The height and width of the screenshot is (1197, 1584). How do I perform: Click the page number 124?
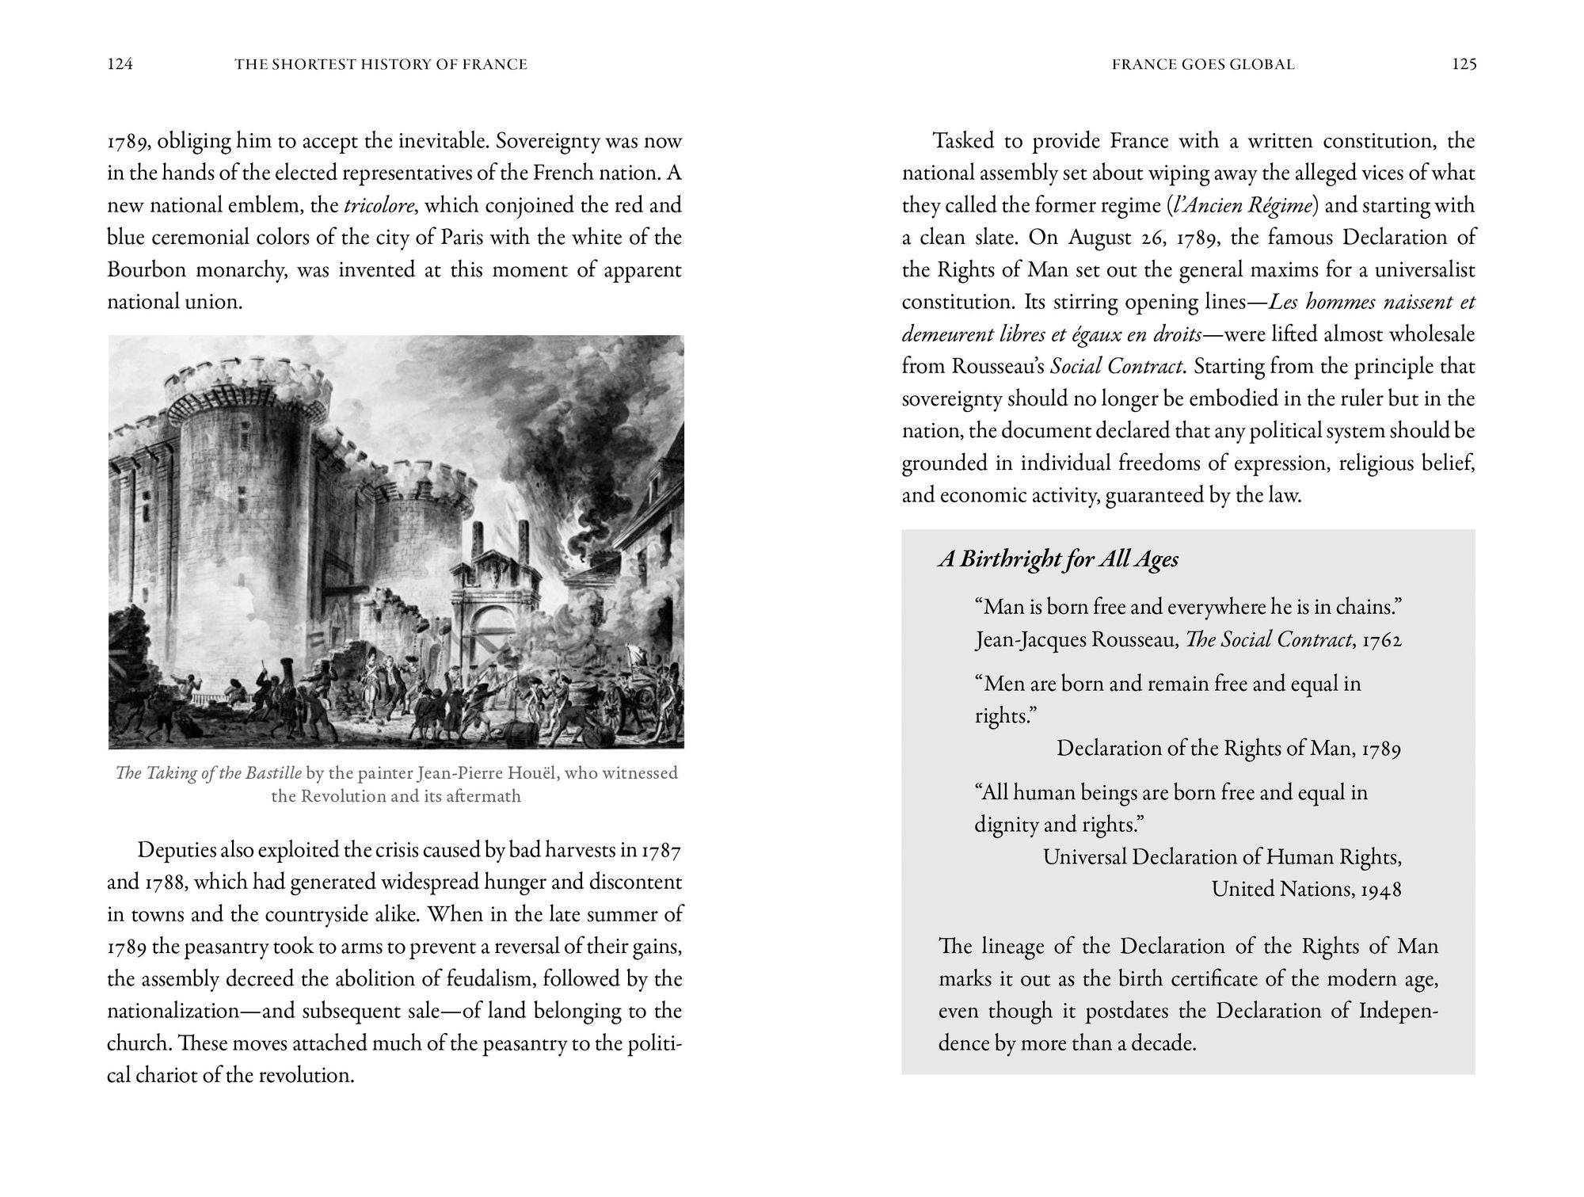[120, 65]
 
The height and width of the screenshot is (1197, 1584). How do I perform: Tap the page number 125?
[1464, 65]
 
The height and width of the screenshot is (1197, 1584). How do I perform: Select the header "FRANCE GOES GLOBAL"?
[1203, 65]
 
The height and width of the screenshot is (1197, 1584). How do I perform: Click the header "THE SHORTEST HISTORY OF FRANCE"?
[381, 65]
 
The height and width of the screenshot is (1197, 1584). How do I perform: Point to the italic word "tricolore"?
[379, 206]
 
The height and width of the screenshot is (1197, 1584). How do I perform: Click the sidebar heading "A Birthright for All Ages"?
[1058, 560]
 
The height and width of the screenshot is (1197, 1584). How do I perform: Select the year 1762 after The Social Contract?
[1382, 640]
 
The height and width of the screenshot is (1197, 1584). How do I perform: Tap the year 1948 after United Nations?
[1381, 890]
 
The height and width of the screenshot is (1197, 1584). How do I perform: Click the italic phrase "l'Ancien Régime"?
[1244, 206]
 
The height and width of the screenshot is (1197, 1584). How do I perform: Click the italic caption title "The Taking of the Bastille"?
[208, 773]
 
